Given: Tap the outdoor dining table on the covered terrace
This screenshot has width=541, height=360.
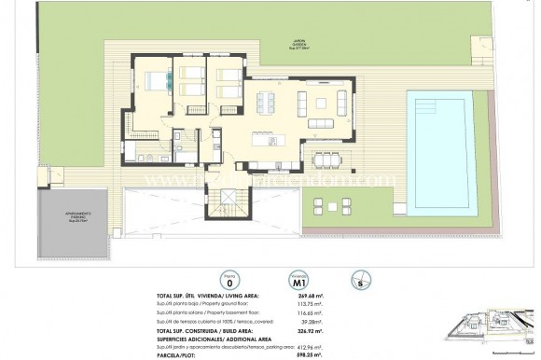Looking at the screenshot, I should (326, 156).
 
